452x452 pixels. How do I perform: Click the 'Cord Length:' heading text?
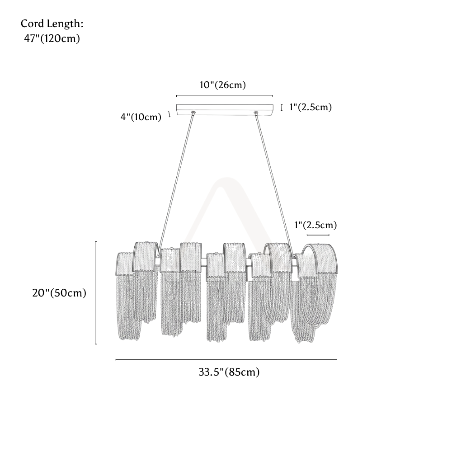[52, 24]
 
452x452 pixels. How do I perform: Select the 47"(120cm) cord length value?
[52, 38]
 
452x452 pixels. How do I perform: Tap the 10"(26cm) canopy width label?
[222, 85]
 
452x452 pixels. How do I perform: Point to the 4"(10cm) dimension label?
[141, 117]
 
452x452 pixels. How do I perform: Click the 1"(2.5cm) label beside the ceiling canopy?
[311, 107]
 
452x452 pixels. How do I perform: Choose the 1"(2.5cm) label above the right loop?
[315, 225]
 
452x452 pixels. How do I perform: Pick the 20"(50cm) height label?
[59, 293]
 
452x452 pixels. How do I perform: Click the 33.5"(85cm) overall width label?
[229, 372]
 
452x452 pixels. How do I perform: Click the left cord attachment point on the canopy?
[193, 113]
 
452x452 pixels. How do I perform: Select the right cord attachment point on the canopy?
[255, 113]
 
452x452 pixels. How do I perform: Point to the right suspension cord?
[274, 184]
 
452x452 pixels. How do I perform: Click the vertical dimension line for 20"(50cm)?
[96, 292]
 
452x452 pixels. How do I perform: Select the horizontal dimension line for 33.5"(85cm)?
[226, 360]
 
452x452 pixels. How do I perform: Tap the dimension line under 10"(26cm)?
[225, 96]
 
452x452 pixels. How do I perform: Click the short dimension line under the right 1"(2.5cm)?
[318, 235]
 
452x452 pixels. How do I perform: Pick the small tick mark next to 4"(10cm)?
[169, 114]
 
